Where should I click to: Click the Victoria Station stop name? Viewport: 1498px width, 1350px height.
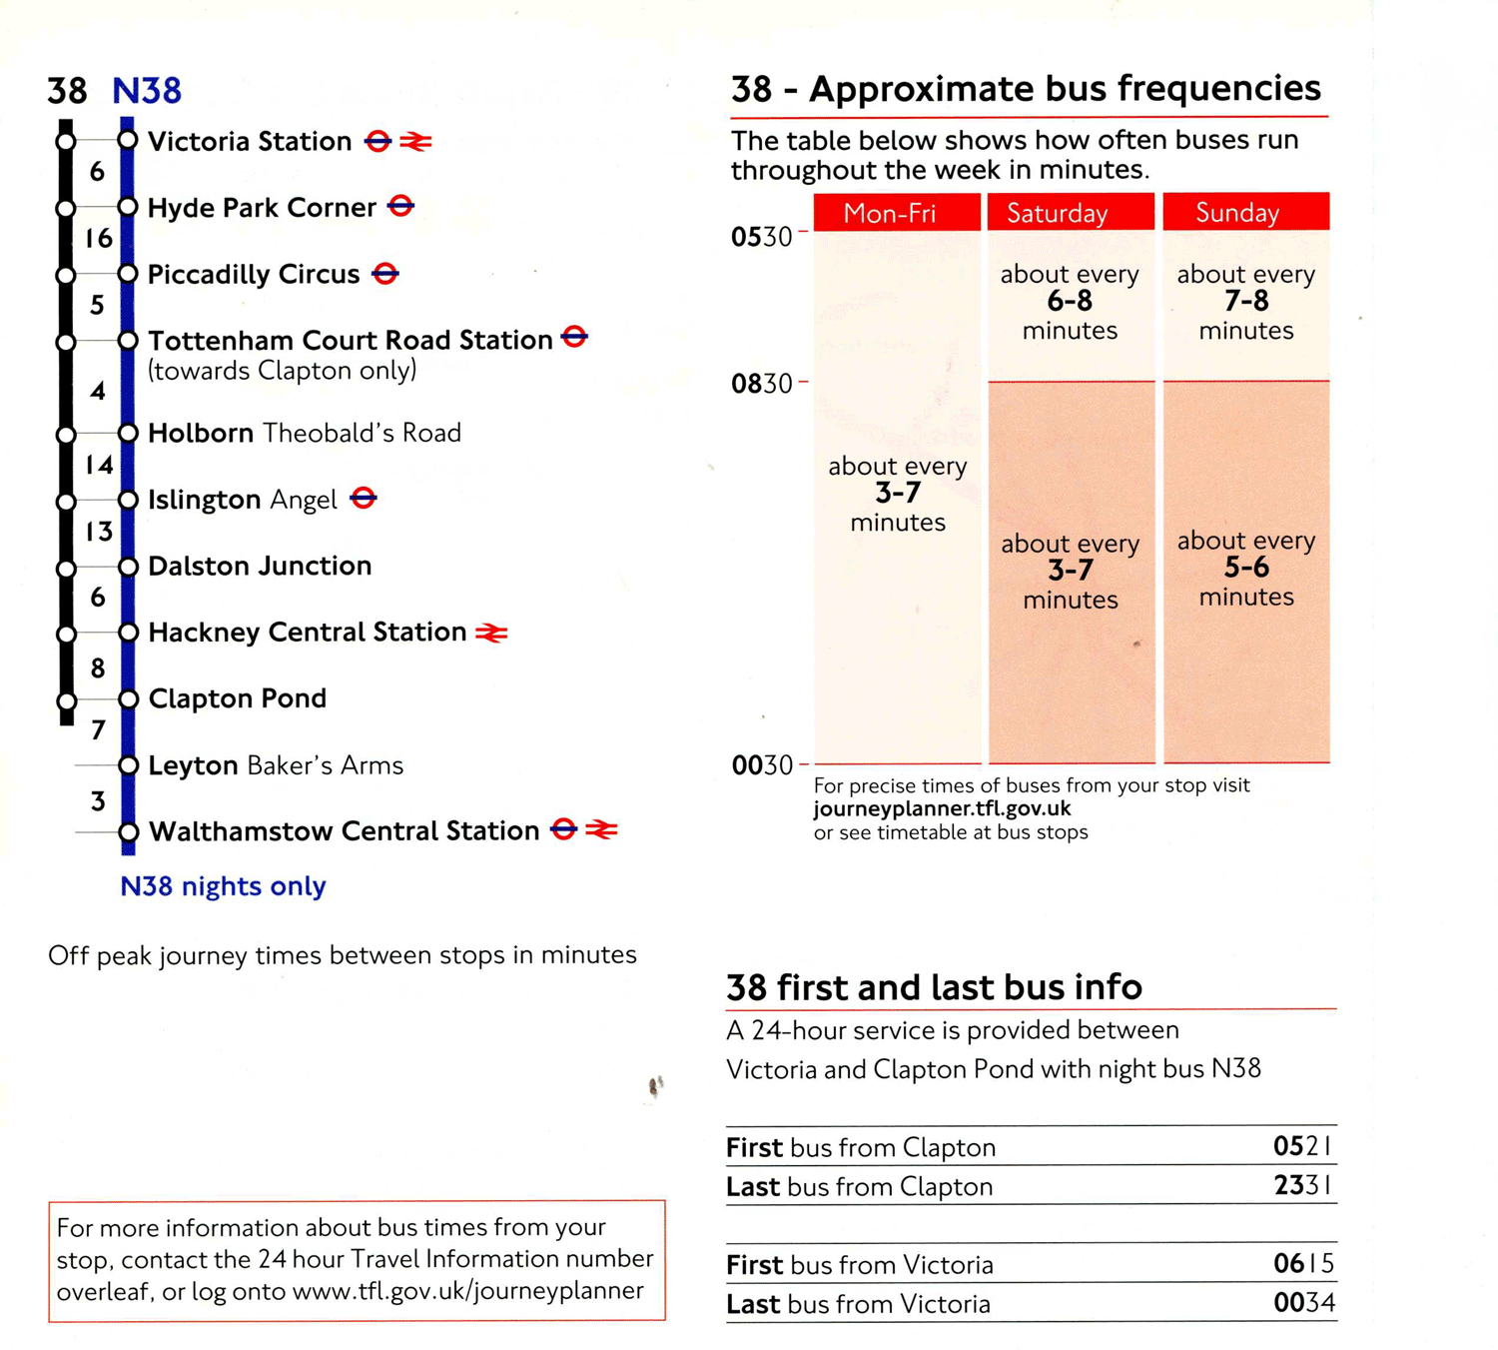click(250, 142)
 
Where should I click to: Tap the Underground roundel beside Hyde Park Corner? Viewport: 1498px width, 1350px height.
click(400, 207)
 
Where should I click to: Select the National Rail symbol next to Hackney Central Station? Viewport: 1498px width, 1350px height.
click(491, 633)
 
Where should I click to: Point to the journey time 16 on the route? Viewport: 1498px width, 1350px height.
click(98, 239)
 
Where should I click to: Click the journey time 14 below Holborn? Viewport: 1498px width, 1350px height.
click(98, 466)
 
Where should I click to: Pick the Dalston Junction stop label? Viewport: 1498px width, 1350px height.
click(260, 567)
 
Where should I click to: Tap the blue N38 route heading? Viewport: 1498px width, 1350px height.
click(147, 91)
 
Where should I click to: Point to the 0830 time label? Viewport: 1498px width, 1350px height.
click(762, 384)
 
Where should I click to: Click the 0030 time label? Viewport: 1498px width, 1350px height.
click(762, 765)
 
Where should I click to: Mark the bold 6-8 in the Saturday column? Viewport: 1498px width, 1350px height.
click(1070, 302)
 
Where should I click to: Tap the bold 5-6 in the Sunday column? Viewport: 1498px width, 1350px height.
click(1246, 569)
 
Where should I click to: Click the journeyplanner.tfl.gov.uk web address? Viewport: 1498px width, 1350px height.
click(942, 808)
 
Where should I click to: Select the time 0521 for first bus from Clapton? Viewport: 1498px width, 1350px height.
click(1302, 1146)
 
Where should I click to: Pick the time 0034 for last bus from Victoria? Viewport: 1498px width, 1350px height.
click(1303, 1303)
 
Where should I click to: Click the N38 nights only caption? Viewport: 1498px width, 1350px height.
click(223, 886)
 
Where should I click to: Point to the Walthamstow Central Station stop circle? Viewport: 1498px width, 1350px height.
click(128, 831)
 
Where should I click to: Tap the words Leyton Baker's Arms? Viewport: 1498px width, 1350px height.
click(276, 765)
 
